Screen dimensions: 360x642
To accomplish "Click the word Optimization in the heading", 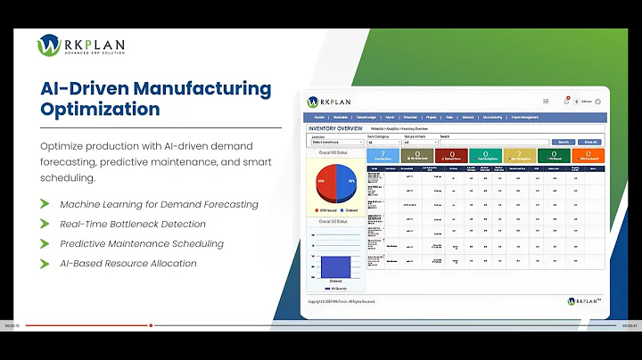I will coord(101,110).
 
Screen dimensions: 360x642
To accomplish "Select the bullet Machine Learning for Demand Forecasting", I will coord(159,204).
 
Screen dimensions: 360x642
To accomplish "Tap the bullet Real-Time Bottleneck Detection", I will coord(133,224).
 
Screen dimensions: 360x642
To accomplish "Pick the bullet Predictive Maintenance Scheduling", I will coord(142,243).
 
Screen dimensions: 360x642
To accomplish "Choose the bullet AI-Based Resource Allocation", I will coord(128,263).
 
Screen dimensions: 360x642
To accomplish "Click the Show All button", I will coord(590,142).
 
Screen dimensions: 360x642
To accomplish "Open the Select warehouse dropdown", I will coord(337,142).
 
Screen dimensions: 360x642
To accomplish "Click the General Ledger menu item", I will coord(366,117).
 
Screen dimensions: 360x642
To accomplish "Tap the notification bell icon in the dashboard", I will coord(566,102).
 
